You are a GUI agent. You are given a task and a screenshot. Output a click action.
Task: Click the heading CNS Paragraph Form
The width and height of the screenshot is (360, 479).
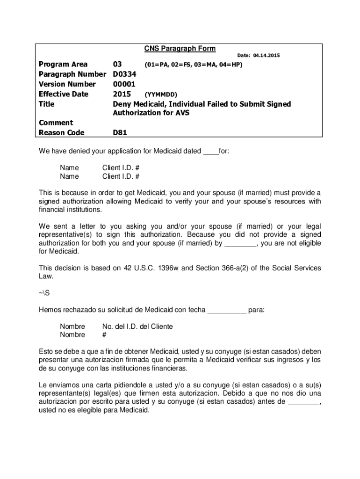click(180, 49)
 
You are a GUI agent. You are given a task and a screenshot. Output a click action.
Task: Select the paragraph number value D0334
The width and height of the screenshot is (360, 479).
click(124, 74)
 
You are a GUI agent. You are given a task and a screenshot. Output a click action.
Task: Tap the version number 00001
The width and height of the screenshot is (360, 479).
click(124, 84)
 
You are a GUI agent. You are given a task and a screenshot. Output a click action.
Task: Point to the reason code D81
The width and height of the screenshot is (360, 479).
click(120, 133)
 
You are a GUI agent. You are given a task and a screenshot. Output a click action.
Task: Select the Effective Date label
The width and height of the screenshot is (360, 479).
click(64, 94)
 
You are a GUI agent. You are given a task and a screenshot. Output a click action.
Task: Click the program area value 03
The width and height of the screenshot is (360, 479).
click(118, 65)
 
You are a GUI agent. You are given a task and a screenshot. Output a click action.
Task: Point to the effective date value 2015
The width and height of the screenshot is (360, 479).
click(122, 94)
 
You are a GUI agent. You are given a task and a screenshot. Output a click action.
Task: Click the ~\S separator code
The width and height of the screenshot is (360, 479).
click(43, 293)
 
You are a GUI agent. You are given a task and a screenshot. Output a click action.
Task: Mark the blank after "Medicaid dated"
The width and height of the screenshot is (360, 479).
click(211, 152)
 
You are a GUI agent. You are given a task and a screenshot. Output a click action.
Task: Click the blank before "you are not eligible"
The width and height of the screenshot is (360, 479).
click(240, 244)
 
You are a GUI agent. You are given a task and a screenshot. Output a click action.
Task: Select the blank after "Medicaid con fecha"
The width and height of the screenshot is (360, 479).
click(227, 310)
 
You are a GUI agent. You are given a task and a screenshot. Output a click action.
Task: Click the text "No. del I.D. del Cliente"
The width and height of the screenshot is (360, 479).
click(137, 327)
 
